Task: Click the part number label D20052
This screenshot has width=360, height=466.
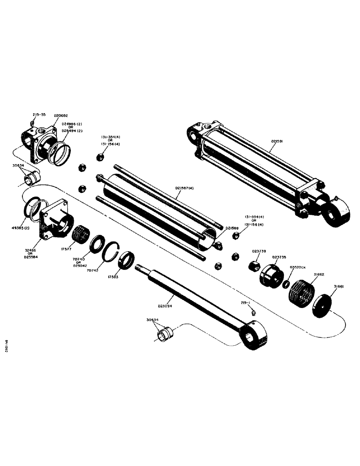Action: click(x=61, y=115)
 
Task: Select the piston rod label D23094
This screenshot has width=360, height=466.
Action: click(x=167, y=306)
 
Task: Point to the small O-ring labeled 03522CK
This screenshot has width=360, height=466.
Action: click(x=286, y=284)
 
